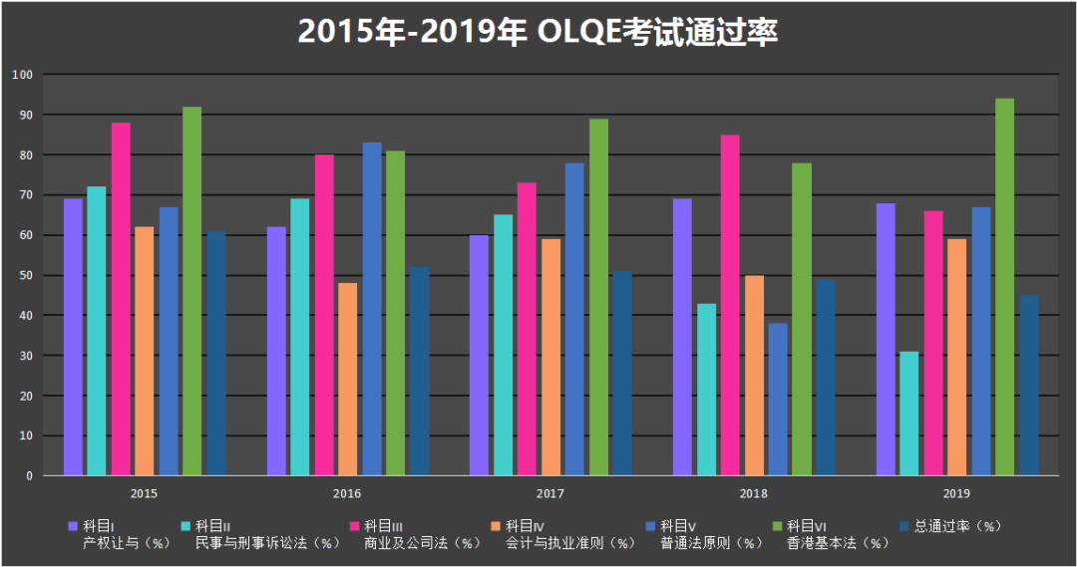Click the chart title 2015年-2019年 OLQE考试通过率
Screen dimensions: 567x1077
[x=538, y=32]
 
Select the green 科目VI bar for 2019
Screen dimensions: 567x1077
[x=1004, y=287]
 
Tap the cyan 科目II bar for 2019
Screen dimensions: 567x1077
[x=908, y=414]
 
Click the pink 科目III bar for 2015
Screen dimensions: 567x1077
[x=121, y=299]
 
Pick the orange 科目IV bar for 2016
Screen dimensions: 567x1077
[x=347, y=380]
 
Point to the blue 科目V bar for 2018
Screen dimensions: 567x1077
[x=778, y=400]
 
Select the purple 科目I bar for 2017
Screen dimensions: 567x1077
[x=479, y=356]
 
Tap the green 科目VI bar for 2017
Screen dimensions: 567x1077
[x=598, y=297]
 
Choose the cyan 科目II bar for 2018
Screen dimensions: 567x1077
[x=706, y=390]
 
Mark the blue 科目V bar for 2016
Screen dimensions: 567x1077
[x=371, y=309]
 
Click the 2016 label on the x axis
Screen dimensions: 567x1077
[x=347, y=493]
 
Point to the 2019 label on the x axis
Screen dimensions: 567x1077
[x=955, y=493]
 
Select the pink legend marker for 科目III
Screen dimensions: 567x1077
[x=353, y=526]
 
